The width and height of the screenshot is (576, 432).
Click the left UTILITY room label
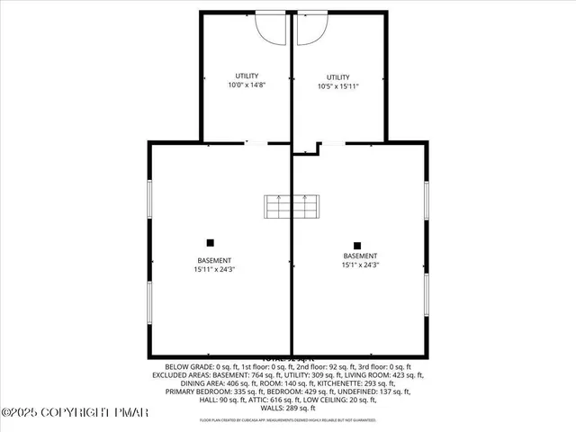pyautogui.click(x=247, y=76)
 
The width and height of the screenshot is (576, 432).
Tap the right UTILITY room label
pyautogui.click(x=338, y=77)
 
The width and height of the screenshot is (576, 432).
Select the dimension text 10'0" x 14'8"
pyautogui.click(x=247, y=85)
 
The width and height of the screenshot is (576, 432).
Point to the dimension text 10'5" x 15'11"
pyautogui.click(x=338, y=86)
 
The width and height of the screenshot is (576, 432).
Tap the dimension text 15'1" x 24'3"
pyautogui.click(x=360, y=265)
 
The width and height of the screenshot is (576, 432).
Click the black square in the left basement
pyautogui.click(x=211, y=242)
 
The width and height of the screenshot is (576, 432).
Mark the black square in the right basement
pyautogui.click(x=357, y=245)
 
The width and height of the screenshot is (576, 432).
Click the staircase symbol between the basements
pyautogui.click(x=291, y=206)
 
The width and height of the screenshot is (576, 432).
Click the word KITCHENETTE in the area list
pyautogui.click(x=338, y=383)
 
